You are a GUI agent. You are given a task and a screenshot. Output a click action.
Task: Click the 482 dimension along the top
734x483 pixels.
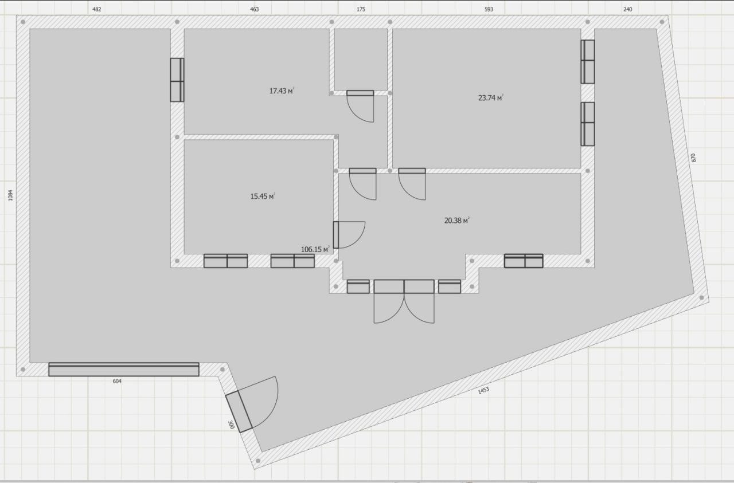[x=97, y=10]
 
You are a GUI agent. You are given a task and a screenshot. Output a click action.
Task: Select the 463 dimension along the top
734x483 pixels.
[x=254, y=10]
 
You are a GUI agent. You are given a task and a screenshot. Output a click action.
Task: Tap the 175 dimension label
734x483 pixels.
[x=361, y=10]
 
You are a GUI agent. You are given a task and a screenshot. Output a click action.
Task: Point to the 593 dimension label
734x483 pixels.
[x=489, y=10]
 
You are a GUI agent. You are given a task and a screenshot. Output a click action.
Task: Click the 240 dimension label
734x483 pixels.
[x=627, y=10]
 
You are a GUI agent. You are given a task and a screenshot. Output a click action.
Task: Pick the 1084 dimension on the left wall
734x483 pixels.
[x=10, y=195]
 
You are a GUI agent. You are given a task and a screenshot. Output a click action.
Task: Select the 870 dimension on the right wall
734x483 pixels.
[x=693, y=158]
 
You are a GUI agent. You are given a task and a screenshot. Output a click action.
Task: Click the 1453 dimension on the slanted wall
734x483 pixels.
[x=483, y=390]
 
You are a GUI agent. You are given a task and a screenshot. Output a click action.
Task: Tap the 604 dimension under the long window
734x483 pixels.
[x=117, y=381]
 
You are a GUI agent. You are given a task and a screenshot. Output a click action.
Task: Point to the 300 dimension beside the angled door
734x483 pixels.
[x=231, y=425]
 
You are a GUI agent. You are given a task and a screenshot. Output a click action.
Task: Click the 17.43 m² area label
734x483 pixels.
[x=282, y=91]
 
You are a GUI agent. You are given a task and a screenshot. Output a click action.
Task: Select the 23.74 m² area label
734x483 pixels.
[x=490, y=97]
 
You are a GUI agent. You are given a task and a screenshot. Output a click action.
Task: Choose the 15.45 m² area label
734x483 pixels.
[x=263, y=196]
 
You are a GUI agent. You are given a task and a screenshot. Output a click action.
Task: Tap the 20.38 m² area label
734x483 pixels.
[x=457, y=221]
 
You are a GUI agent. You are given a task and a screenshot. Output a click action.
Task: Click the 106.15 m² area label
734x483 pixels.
[x=315, y=249]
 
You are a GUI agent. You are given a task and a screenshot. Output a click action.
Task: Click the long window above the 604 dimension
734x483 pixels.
[x=124, y=369]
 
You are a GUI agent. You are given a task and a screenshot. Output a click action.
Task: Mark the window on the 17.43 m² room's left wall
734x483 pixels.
[x=177, y=80]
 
